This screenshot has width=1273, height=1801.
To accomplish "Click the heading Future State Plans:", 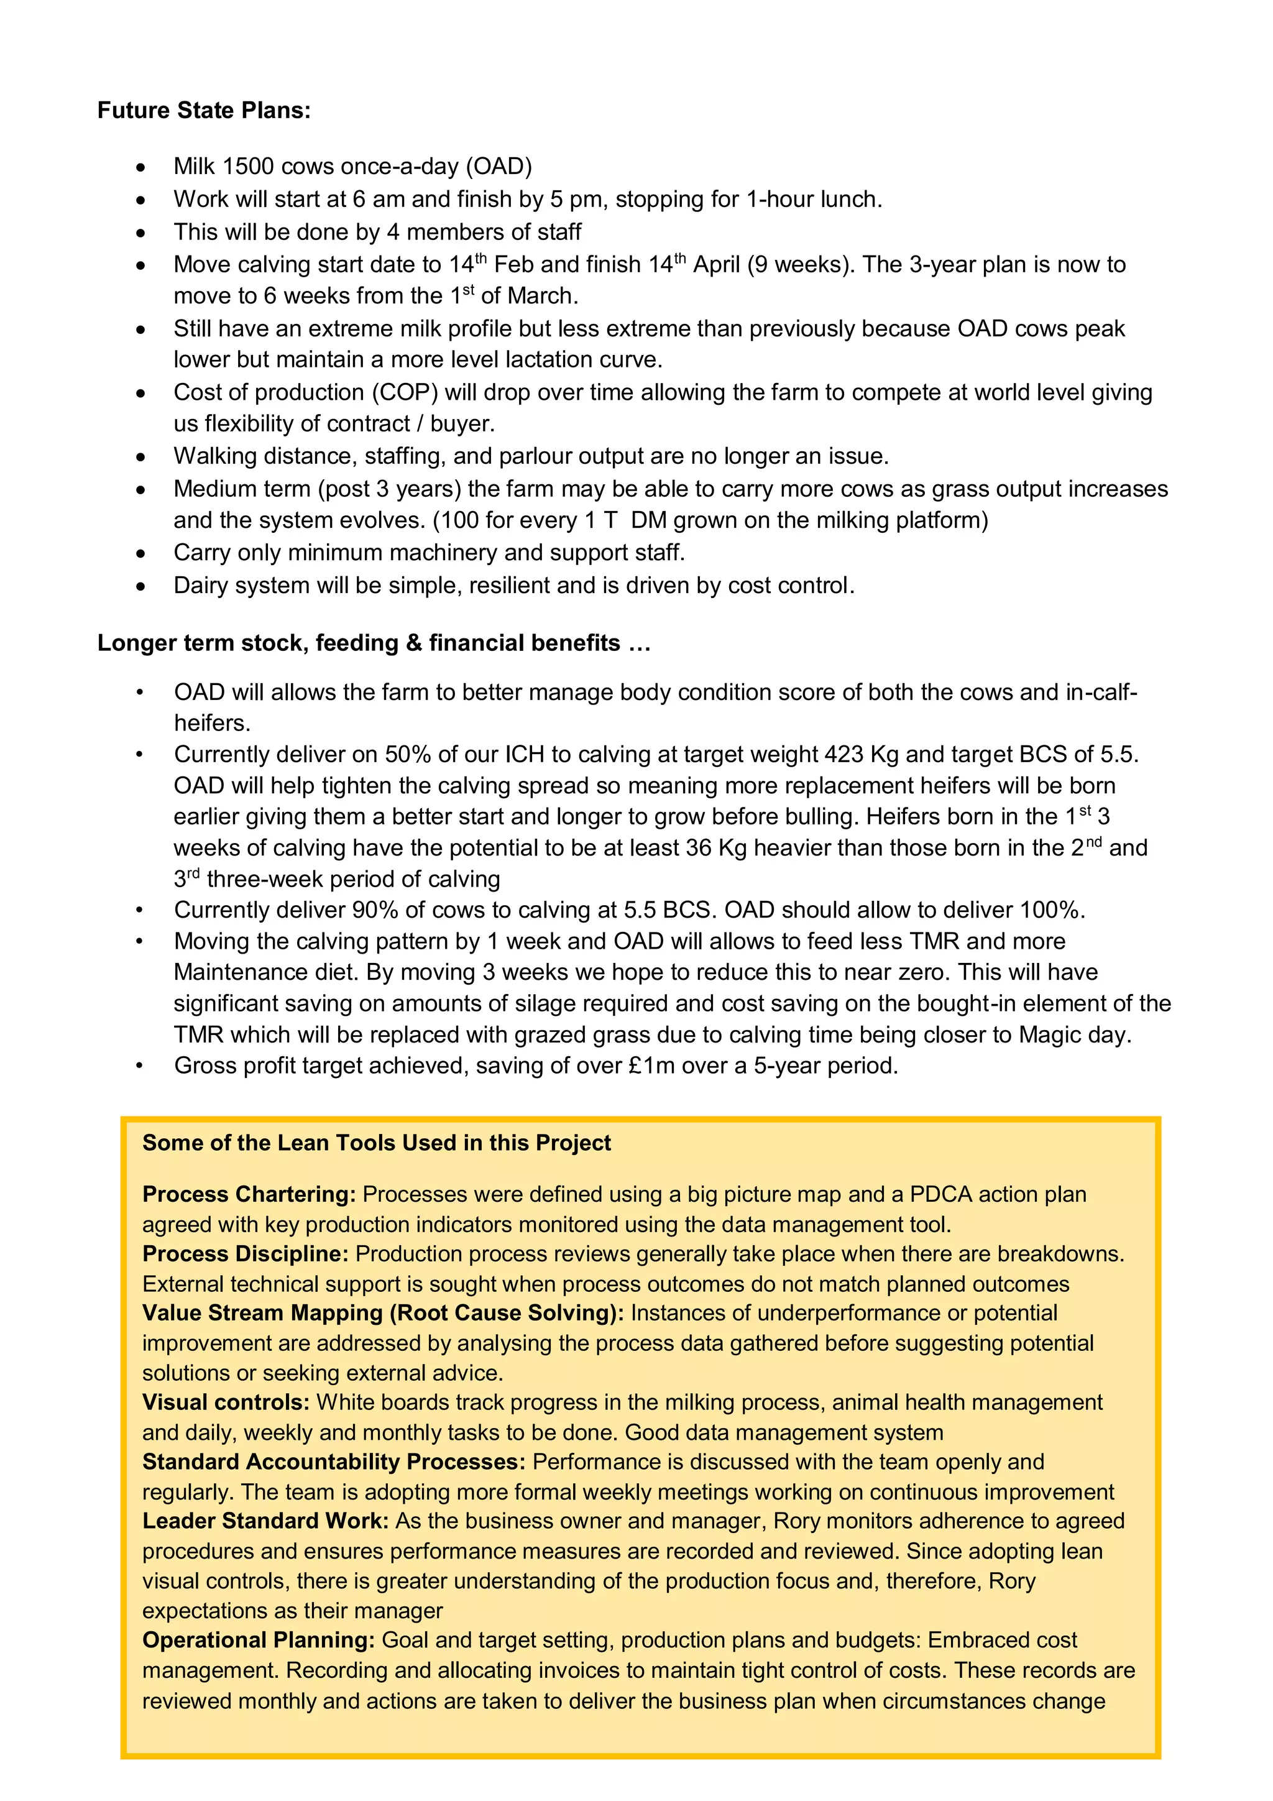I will pyautogui.click(x=204, y=111).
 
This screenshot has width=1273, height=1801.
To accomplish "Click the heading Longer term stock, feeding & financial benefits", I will pyautogui.click(x=374, y=643).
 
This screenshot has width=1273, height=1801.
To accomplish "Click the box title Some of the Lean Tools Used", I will pyautogui.click(x=377, y=1143).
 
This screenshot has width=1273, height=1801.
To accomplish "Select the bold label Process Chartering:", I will pyautogui.click(x=249, y=1195).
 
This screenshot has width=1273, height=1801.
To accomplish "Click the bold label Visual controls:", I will pyautogui.click(x=226, y=1403).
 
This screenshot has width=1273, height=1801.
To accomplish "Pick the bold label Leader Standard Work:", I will pyautogui.click(x=265, y=1521).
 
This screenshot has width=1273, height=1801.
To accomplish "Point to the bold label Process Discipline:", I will pyautogui.click(x=246, y=1255).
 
